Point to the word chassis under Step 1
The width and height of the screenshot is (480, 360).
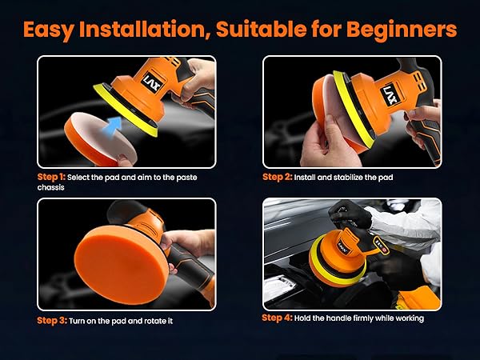pos(51,186)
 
